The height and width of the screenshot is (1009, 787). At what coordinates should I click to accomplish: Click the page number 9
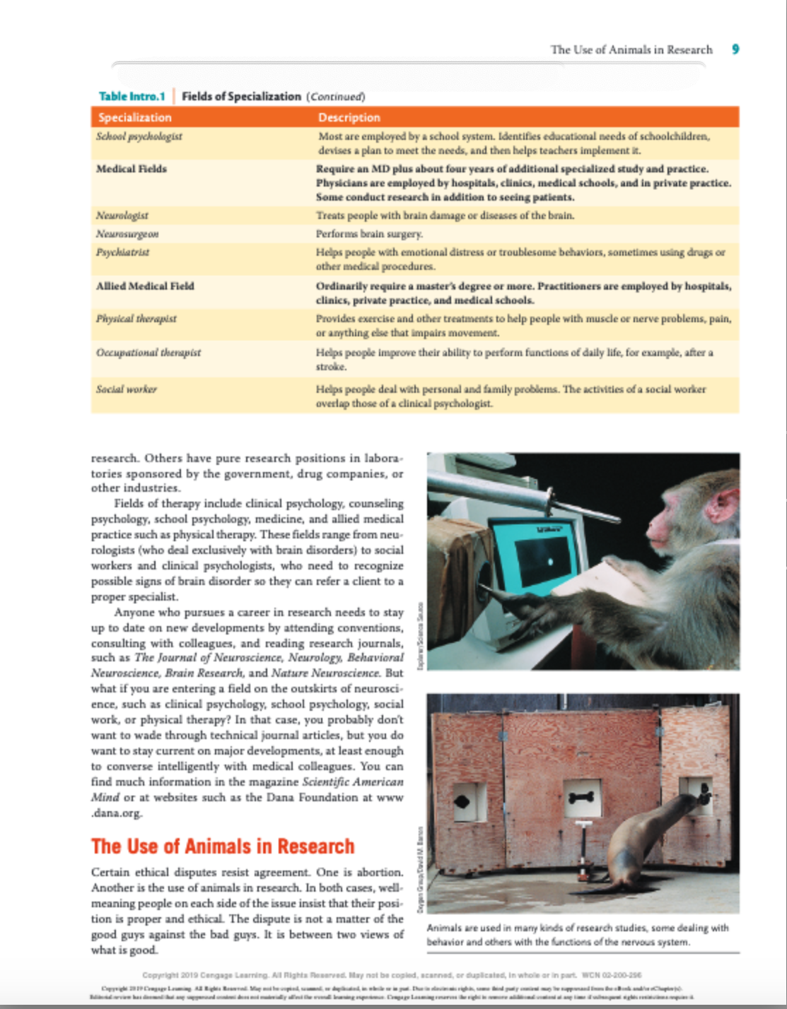point(735,49)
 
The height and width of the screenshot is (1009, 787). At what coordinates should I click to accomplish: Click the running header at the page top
point(631,49)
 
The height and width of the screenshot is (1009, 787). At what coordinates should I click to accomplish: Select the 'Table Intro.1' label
point(132,96)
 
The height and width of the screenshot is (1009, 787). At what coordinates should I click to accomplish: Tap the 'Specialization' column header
point(135,117)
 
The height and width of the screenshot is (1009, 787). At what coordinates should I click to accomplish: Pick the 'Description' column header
point(349,117)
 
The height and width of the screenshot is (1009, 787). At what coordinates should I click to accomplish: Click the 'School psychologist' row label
point(139,136)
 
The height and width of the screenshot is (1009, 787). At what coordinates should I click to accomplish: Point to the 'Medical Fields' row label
point(132,169)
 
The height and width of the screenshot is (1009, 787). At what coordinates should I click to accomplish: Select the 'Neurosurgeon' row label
point(127,234)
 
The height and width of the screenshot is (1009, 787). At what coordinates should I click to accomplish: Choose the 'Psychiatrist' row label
point(123,252)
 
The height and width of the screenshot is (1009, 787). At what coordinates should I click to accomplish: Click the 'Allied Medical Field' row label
point(145,286)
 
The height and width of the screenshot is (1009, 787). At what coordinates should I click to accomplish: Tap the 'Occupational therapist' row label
point(148,353)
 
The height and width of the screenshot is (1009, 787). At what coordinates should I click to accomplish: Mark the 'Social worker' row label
point(127,389)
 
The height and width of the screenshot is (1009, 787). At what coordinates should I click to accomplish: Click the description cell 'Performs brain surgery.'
point(370,234)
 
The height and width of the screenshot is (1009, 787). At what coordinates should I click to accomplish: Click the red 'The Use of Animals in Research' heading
point(223,846)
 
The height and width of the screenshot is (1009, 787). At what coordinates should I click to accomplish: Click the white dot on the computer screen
point(550,562)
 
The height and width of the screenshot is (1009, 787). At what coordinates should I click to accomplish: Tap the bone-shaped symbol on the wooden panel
point(582,797)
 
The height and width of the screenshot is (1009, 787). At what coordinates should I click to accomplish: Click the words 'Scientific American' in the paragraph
point(352,782)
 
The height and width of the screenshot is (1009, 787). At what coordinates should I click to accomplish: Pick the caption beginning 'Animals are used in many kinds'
point(577,935)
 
